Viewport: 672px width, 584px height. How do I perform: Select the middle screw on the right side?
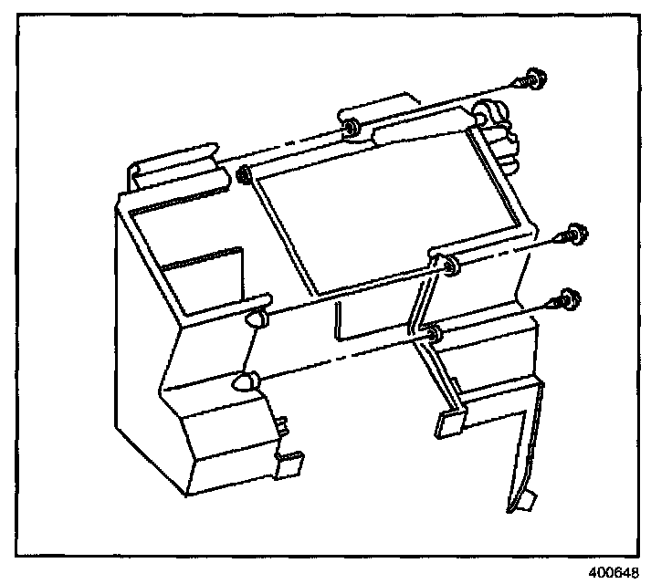[575, 233]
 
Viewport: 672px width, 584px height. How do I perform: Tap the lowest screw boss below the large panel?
[434, 335]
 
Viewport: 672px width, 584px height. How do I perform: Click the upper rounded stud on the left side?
[257, 318]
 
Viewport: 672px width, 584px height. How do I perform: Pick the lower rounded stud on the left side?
[245, 381]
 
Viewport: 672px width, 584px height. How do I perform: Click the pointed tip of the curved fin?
[527, 501]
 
